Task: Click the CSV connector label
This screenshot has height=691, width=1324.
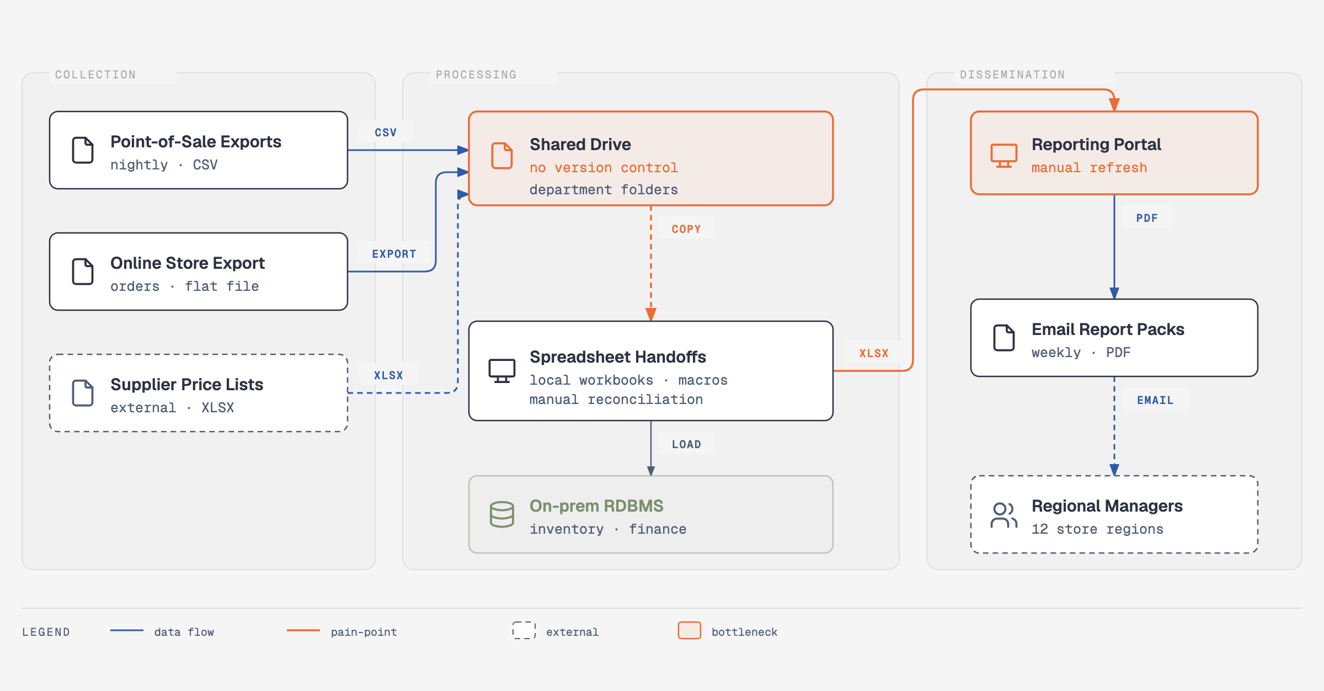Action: click(x=386, y=132)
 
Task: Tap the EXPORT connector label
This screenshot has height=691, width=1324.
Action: click(x=394, y=254)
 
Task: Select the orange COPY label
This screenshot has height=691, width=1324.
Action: click(x=686, y=229)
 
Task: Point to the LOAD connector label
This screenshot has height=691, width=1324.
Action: click(x=686, y=444)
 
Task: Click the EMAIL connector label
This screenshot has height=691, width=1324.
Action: click(x=1155, y=400)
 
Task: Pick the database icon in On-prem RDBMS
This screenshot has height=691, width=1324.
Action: click(x=502, y=514)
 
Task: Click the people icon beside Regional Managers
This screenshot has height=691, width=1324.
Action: click(x=1004, y=515)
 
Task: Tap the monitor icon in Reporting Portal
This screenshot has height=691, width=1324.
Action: click(x=1004, y=156)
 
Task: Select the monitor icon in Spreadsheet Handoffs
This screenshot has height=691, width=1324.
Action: click(x=502, y=371)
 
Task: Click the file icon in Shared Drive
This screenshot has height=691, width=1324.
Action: click(x=502, y=156)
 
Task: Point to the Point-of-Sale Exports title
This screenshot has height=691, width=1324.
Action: click(x=196, y=142)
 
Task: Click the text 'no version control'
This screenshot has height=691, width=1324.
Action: click(x=604, y=168)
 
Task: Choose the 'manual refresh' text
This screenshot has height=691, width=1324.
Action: click(x=1089, y=168)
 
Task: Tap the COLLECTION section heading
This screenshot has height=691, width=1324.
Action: click(x=95, y=75)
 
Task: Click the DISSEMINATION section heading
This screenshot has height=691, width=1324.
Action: click(x=1012, y=75)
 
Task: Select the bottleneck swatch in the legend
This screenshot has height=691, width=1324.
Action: click(x=690, y=630)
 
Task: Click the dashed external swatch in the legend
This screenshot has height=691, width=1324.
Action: click(x=524, y=630)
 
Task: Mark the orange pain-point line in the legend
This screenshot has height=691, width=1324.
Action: click(x=303, y=630)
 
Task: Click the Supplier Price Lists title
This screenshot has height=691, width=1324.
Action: click(x=187, y=385)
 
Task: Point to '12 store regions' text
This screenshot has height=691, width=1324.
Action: click(x=1097, y=529)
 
